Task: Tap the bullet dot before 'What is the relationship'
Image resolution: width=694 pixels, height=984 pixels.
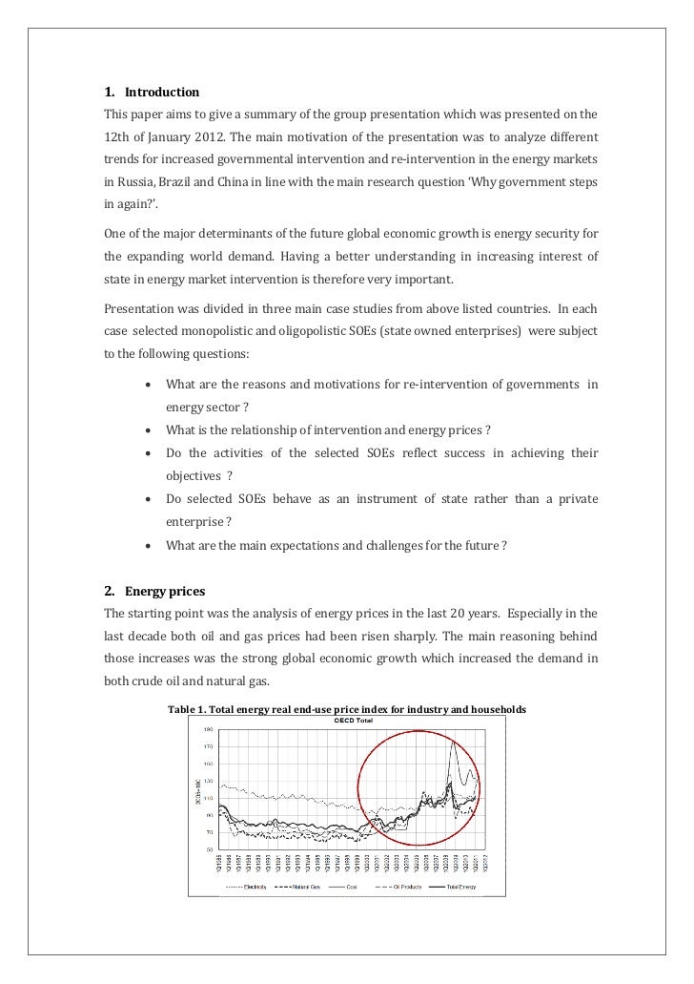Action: coord(150,429)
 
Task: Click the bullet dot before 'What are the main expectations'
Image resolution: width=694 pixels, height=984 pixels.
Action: coord(150,545)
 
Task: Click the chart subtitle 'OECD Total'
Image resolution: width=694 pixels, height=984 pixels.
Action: coord(353,721)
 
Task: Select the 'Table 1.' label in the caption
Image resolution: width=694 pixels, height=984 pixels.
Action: coord(191,709)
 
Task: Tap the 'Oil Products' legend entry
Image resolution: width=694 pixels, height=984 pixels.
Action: coord(401,887)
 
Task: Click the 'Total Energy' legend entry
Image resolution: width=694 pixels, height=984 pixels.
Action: coord(458,887)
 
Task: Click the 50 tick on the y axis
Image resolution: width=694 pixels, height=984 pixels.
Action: coord(208,848)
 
